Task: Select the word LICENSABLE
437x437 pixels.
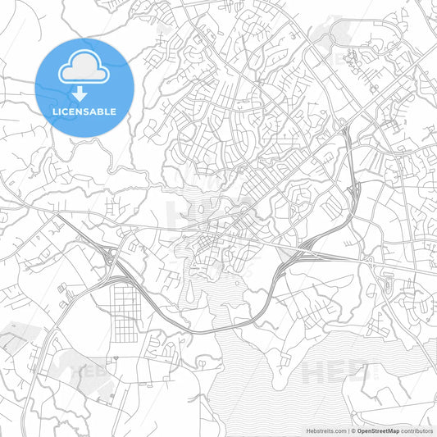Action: [84, 111]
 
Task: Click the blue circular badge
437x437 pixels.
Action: [84, 86]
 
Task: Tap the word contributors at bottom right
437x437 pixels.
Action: [418, 430]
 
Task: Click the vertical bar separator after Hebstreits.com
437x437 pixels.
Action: [348, 430]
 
